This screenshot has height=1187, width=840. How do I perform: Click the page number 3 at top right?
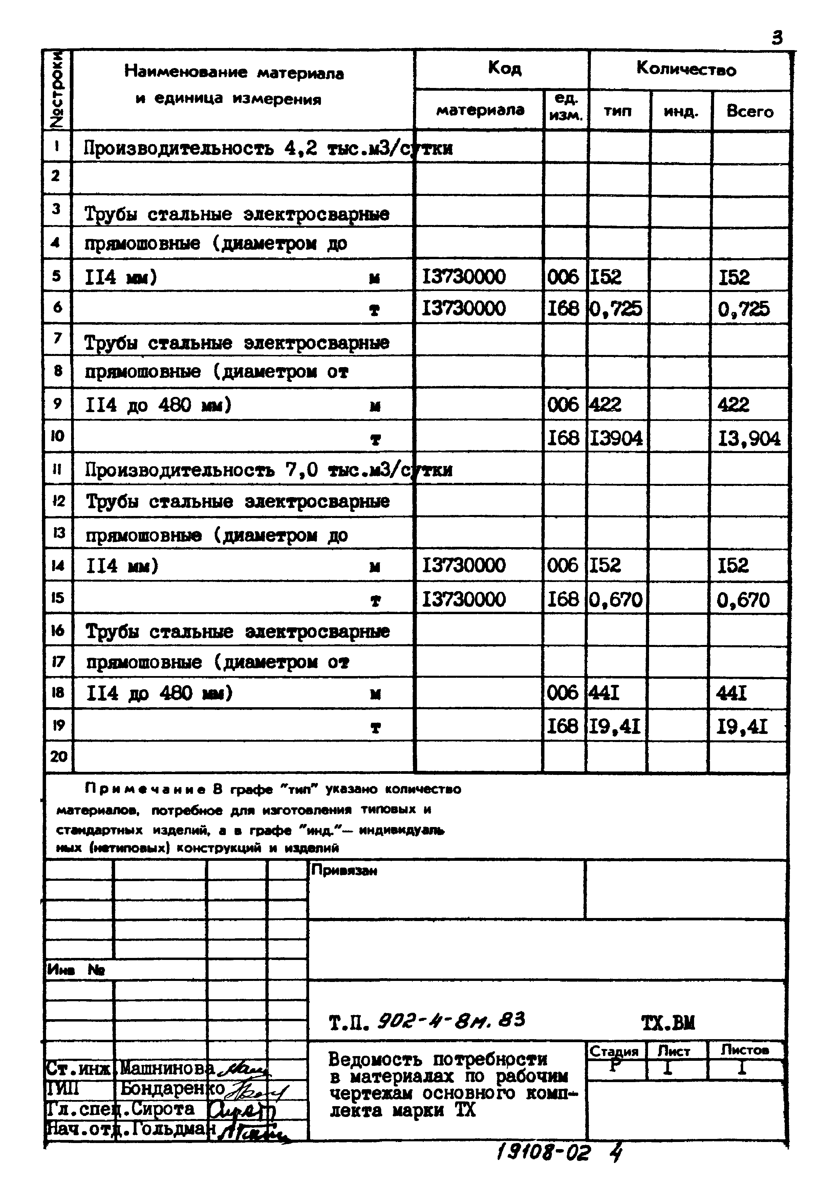coord(777,38)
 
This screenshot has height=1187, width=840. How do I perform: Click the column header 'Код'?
coord(504,68)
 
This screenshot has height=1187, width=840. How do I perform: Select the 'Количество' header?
coord(686,69)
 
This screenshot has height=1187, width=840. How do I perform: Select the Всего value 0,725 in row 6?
coord(743,309)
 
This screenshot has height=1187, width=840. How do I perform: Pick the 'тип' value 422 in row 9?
coord(605,404)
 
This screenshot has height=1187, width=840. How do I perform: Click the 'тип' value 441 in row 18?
coord(604,692)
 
